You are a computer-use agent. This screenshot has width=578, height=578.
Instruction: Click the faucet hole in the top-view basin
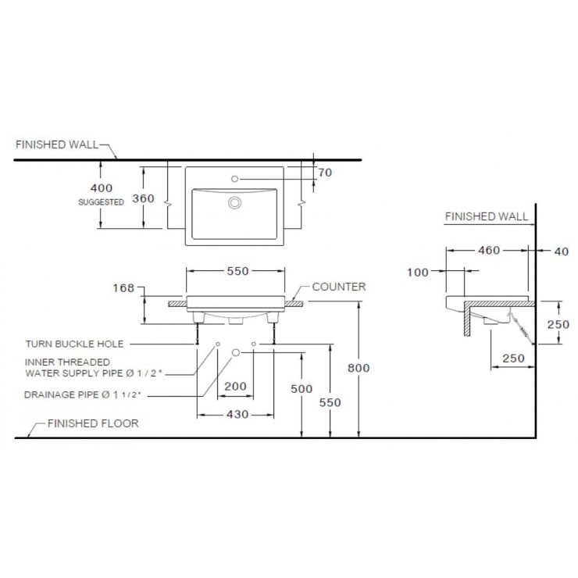pos(234,179)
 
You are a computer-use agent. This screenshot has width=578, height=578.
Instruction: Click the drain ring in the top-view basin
pos(234,202)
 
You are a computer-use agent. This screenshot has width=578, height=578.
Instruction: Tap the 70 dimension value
pos(325,173)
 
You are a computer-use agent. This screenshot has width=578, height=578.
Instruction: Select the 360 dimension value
pos(143,198)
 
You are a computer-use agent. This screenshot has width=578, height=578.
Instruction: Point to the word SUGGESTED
pos(101,202)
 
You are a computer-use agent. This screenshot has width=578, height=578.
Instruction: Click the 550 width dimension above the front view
pos(237,271)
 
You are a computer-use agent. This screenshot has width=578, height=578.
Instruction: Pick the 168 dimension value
pos(123,287)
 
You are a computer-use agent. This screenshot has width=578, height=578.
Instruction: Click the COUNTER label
pos(339,287)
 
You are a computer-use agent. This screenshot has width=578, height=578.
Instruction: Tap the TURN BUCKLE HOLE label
pos(74,344)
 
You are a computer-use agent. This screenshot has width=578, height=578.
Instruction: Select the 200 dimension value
pos(235,386)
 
